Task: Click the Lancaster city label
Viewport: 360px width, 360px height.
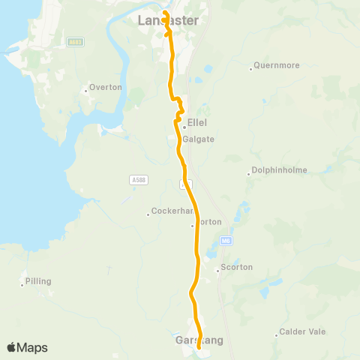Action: (x=169, y=21)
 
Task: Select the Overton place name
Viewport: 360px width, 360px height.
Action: (x=105, y=88)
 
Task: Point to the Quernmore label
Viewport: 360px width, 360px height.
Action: (x=277, y=66)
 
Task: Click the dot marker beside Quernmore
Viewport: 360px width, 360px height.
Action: (x=251, y=70)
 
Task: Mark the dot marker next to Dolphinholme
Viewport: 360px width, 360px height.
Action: (x=249, y=175)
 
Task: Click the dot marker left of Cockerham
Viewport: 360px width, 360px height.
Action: (x=148, y=215)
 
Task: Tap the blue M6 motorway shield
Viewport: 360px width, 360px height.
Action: (x=226, y=241)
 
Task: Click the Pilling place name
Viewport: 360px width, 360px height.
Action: (x=38, y=281)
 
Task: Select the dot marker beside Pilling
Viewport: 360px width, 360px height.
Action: (x=22, y=285)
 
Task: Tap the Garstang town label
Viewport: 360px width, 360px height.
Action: (x=181, y=340)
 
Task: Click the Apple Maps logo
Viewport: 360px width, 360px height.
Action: (x=27, y=347)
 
